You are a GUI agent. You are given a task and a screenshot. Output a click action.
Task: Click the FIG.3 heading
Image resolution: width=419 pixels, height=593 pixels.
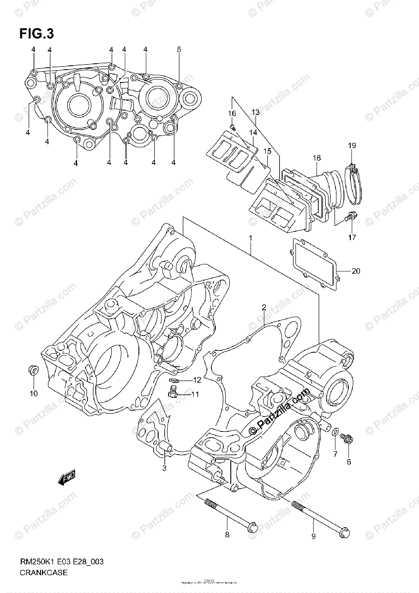(x=36, y=34)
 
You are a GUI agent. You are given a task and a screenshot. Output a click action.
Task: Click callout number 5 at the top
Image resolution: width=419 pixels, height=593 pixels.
(x=179, y=49)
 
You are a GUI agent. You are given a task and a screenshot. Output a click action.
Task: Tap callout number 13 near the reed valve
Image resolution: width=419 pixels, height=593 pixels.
(x=255, y=113)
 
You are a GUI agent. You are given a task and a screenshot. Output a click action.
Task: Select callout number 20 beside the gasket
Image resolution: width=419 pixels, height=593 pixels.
(x=356, y=271)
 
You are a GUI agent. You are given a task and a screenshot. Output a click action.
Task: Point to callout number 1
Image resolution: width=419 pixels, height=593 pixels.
(x=251, y=238)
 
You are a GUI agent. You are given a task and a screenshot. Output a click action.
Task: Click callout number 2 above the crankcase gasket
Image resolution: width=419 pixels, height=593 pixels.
(x=264, y=307)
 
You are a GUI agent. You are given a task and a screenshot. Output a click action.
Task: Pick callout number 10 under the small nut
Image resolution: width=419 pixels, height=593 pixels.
(x=33, y=393)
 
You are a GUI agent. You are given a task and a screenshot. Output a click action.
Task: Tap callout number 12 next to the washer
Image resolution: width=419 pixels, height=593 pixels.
(x=197, y=380)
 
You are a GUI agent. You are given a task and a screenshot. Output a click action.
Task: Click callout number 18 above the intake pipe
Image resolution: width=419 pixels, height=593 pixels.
(x=317, y=158)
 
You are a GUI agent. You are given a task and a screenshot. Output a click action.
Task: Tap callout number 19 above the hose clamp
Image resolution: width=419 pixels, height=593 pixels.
(x=351, y=146)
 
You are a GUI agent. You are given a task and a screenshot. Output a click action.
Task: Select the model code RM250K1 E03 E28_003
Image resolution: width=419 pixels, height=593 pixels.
(x=61, y=562)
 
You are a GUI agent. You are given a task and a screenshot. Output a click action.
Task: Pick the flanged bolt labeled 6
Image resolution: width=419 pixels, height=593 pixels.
(x=346, y=438)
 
